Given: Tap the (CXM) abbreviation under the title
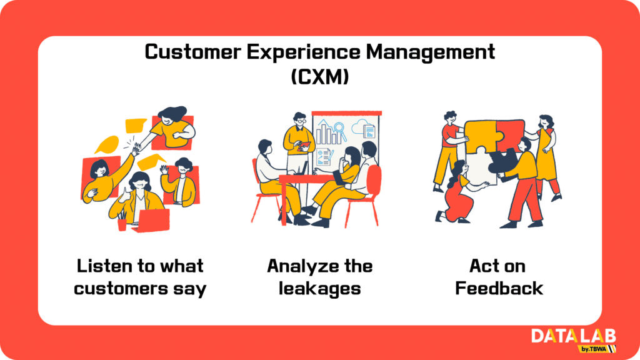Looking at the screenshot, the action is point(320,76).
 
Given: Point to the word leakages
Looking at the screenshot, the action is point(319,289).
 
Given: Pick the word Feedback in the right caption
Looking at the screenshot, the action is point(499,288).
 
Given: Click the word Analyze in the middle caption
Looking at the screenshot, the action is point(301,267).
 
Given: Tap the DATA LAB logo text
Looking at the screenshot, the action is point(574,336).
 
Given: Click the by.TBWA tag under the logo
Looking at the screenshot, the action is point(594,349).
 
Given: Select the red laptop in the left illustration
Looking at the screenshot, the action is point(152,221).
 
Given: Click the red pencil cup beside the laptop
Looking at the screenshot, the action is point(122,224).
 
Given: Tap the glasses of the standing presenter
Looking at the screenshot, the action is point(301,121).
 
